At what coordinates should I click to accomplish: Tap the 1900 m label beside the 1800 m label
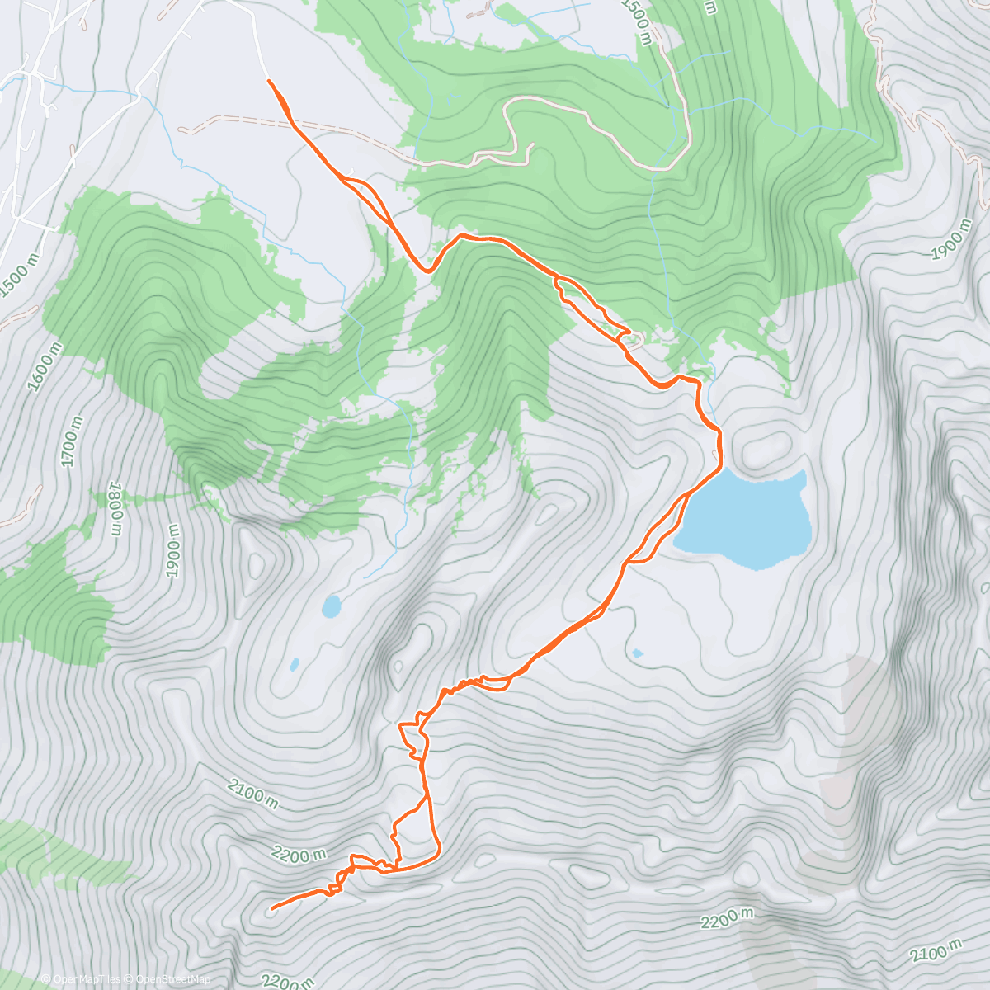172,550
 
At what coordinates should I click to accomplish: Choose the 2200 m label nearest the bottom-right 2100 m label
728,918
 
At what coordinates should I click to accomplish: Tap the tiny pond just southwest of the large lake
637,653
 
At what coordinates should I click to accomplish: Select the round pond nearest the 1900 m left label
332,607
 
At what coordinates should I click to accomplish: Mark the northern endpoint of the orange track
269,81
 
